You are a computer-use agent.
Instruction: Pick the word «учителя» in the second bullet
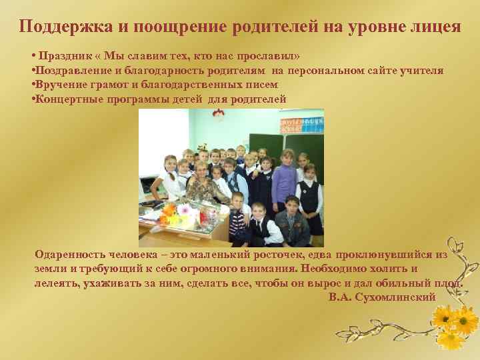click(424, 70)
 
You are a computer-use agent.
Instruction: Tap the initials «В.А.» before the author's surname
click(341, 296)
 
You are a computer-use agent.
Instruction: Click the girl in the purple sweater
click(286, 175)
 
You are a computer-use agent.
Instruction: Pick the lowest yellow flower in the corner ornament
click(451, 340)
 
